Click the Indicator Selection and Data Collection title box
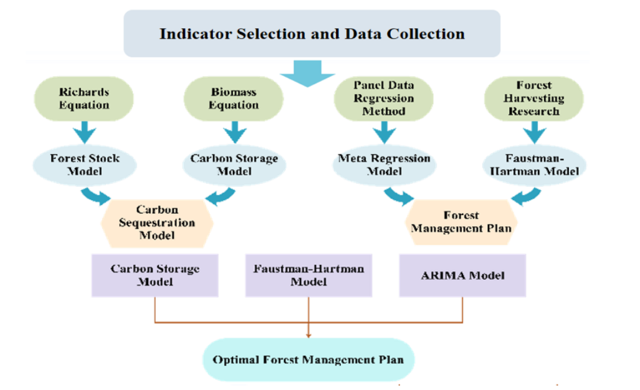312,34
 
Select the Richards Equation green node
84,98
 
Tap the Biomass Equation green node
233,98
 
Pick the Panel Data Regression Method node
384,98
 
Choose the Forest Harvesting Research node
533,98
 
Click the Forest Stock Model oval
85,164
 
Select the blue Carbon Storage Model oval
234,164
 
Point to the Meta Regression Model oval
384,164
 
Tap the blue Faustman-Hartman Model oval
534,164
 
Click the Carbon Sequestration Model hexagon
156,222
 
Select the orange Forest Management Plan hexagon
461,222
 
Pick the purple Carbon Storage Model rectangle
155,275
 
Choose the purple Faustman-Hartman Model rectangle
308,275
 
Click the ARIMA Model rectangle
462,275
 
